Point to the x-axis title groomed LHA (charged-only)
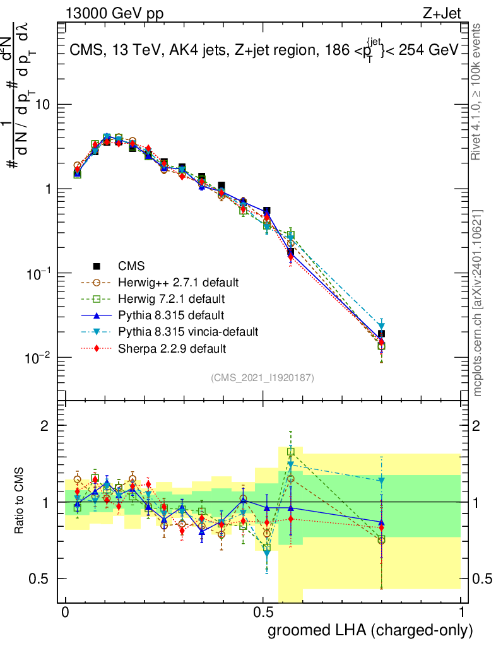pos(371,630)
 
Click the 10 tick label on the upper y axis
pos(43,105)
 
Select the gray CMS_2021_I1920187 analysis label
pos(263,378)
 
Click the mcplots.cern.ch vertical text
pos(478,303)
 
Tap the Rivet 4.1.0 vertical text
pos(478,91)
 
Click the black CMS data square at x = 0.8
pos(381,334)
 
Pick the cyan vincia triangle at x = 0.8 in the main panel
pos(381,326)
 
